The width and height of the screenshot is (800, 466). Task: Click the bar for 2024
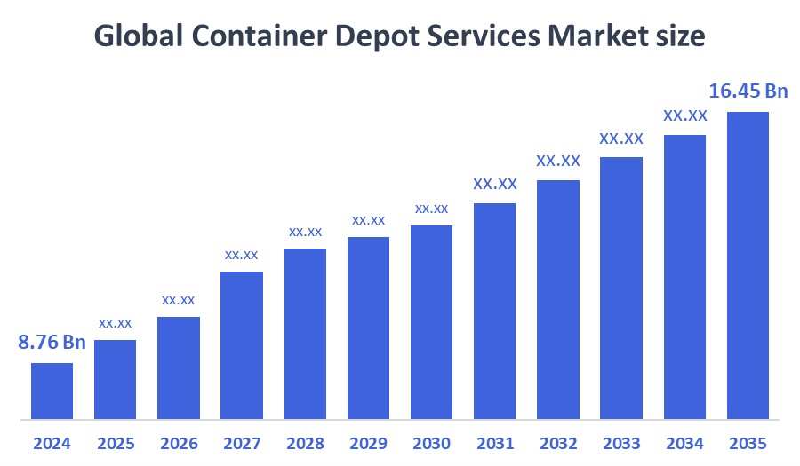tap(52, 391)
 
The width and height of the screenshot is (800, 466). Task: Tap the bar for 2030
tap(431, 321)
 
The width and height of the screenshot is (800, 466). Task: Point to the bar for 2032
tap(558, 299)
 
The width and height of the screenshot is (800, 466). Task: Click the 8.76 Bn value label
tap(52, 343)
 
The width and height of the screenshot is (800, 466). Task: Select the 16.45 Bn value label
tap(748, 91)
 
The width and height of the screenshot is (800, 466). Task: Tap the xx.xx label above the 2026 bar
tap(178, 300)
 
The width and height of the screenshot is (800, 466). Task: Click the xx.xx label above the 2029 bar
tap(368, 220)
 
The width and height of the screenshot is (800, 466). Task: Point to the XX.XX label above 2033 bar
tap(621, 138)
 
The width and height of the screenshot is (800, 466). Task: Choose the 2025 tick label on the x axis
tap(115, 444)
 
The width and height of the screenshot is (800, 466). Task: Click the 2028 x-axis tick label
tap(305, 444)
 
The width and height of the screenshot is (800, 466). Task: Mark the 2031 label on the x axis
tap(494, 444)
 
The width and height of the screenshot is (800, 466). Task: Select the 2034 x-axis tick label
tap(684, 444)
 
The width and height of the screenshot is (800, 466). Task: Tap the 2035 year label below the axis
tap(748, 444)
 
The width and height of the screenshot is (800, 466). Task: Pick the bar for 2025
tap(115, 379)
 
